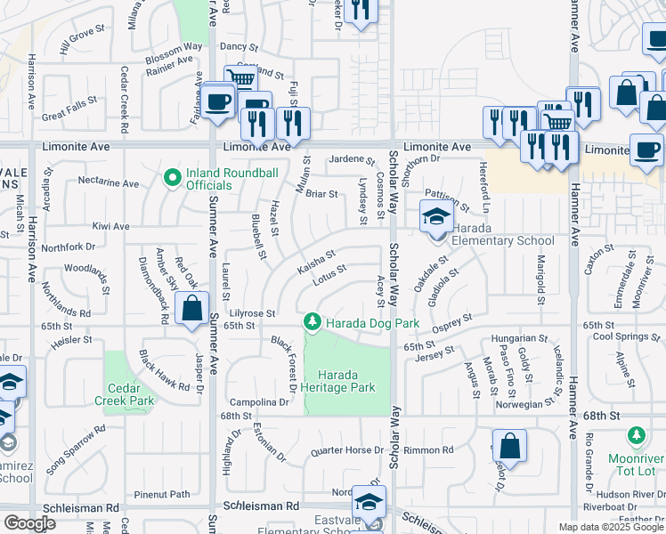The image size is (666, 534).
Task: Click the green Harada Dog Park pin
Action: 312,321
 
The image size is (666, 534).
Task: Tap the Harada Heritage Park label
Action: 338,380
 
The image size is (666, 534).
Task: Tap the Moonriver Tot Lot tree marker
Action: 636,436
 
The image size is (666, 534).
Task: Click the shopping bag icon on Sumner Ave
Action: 192,311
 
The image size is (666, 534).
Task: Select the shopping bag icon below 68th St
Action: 508,445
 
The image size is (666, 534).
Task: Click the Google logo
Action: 29,522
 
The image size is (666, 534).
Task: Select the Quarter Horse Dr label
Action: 346,450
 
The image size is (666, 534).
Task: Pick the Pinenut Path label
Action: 162,494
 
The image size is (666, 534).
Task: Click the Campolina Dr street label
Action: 259,402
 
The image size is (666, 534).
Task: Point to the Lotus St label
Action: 329,276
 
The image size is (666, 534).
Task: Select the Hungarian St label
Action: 518,339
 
